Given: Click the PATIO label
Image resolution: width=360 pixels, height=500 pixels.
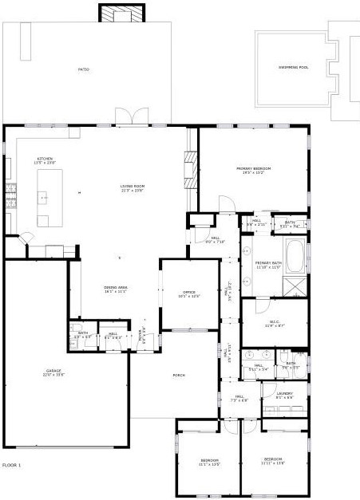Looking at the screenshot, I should (83, 70).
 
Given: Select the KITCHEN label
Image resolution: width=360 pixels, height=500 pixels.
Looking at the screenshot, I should (45, 160).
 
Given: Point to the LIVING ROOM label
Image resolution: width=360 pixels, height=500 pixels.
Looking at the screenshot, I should (133, 187).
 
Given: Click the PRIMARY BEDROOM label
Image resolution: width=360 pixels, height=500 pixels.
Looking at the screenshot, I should (253, 170).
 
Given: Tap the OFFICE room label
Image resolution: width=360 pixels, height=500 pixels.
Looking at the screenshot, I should (189, 293).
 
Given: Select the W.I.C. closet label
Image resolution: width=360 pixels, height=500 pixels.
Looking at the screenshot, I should (274, 324).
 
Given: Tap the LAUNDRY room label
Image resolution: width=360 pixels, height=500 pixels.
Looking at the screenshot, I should (284, 395).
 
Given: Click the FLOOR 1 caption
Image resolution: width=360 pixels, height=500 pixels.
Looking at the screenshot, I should (12, 464).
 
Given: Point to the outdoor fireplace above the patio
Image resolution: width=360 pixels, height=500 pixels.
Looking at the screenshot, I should (122, 13).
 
